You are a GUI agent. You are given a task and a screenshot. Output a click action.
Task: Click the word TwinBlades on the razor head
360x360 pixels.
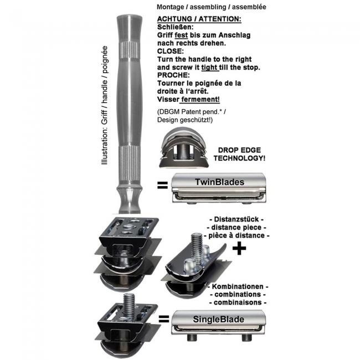219,182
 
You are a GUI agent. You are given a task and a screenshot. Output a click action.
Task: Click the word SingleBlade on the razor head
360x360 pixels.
218,320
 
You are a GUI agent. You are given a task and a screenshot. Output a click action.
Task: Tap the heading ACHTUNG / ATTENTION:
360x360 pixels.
199,19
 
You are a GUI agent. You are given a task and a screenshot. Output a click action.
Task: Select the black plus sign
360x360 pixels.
239,248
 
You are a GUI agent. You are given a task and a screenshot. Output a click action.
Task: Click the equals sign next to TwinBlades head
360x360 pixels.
162,185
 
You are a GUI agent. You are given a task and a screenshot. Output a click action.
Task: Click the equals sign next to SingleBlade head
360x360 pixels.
164,319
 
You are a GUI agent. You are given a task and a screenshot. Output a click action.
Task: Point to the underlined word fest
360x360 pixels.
181,35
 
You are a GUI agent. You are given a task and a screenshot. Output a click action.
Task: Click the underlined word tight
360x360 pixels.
209,68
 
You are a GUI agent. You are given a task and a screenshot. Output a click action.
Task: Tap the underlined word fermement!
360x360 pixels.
200,100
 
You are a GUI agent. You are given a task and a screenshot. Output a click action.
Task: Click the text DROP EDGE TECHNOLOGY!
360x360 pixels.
239,154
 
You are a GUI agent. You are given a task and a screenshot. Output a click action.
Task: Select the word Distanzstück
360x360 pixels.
236,219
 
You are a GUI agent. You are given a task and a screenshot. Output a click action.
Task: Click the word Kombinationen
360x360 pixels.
238,286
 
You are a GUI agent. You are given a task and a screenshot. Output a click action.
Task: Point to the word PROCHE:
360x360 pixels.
173,75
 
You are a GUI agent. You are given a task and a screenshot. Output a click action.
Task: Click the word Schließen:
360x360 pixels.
176,27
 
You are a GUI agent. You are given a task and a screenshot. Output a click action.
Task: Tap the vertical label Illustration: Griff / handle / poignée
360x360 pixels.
105,105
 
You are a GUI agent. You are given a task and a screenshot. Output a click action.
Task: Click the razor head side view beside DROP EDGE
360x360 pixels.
184,147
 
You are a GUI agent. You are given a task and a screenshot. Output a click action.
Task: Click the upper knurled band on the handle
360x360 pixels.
130,49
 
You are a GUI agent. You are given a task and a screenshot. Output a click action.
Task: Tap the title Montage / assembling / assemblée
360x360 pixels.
212,7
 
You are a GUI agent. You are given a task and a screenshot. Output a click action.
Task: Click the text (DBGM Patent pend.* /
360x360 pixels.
192,112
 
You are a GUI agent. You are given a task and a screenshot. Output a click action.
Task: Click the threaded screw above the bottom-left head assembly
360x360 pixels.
128,304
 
